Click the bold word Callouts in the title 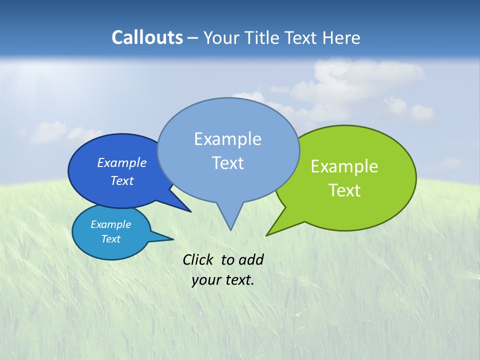pyautogui.click(x=147, y=37)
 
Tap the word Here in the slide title pyautogui.click(x=341, y=38)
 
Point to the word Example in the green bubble pyautogui.click(x=344, y=166)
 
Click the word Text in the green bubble pyautogui.click(x=344, y=190)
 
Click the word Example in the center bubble pyautogui.click(x=227, y=139)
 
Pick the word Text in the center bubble pyautogui.click(x=227, y=163)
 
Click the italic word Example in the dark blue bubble pyautogui.click(x=121, y=162)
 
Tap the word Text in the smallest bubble pyautogui.click(x=110, y=239)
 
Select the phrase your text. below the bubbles pyautogui.click(x=223, y=280)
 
